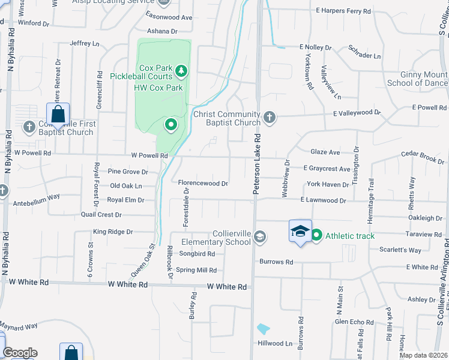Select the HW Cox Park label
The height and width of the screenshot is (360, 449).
click(x=158, y=88)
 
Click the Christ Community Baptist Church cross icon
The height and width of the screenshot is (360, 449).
click(x=270, y=116)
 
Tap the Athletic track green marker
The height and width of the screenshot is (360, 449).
click(x=316, y=235)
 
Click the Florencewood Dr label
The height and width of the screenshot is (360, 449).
click(x=203, y=184)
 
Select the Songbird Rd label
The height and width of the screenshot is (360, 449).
click(x=194, y=254)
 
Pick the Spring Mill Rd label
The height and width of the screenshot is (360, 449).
click(x=196, y=271)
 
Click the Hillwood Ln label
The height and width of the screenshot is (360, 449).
click(x=275, y=344)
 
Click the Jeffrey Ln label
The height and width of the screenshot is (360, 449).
click(x=84, y=43)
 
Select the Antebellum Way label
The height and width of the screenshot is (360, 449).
click(x=37, y=196)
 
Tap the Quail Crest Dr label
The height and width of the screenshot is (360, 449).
click(x=101, y=214)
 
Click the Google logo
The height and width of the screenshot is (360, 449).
click(x=20, y=353)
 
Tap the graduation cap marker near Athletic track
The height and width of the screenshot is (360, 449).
click(x=300, y=231)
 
